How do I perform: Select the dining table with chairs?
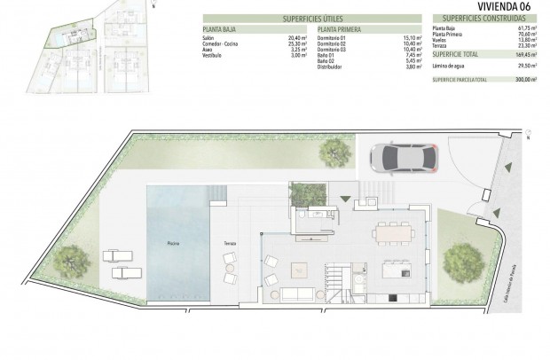click(x=392, y=232)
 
